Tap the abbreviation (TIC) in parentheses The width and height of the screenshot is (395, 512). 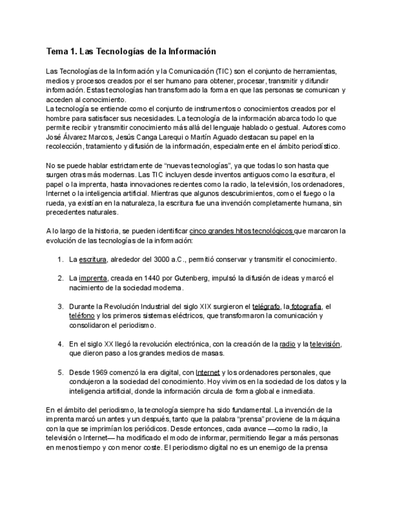coord(226,71)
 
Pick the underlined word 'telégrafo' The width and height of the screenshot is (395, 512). coord(266,307)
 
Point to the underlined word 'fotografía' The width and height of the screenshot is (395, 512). coord(306,307)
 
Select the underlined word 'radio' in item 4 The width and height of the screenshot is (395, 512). coord(288,344)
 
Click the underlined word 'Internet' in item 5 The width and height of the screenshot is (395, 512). coord(207,373)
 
